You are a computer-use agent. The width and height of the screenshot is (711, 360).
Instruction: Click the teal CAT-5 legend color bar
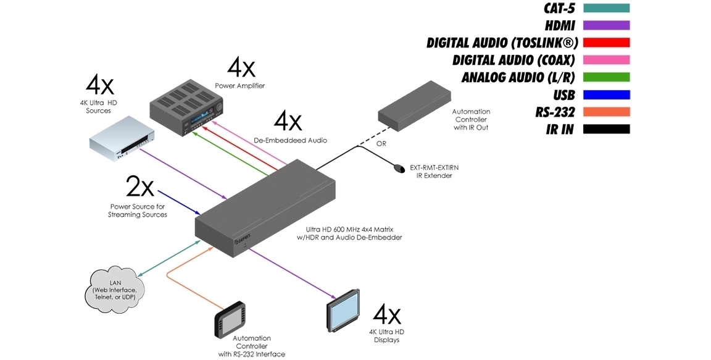(x=605, y=9)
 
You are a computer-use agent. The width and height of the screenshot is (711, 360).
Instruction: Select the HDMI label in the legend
(x=560, y=26)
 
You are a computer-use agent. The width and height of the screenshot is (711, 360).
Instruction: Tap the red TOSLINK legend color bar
(x=605, y=43)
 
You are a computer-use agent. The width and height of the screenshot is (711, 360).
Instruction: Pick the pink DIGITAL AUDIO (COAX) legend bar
(x=605, y=60)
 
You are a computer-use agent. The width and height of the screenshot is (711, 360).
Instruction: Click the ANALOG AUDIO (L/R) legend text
(x=518, y=77)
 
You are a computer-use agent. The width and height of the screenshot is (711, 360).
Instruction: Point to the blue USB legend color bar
(x=605, y=94)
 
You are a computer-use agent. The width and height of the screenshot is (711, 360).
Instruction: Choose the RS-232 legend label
(x=555, y=112)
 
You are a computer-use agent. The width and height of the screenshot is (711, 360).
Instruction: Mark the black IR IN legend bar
(x=605, y=129)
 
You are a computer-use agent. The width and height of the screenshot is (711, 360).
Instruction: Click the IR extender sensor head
(x=399, y=167)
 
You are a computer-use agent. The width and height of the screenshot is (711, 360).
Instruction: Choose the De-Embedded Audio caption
(x=290, y=140)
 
